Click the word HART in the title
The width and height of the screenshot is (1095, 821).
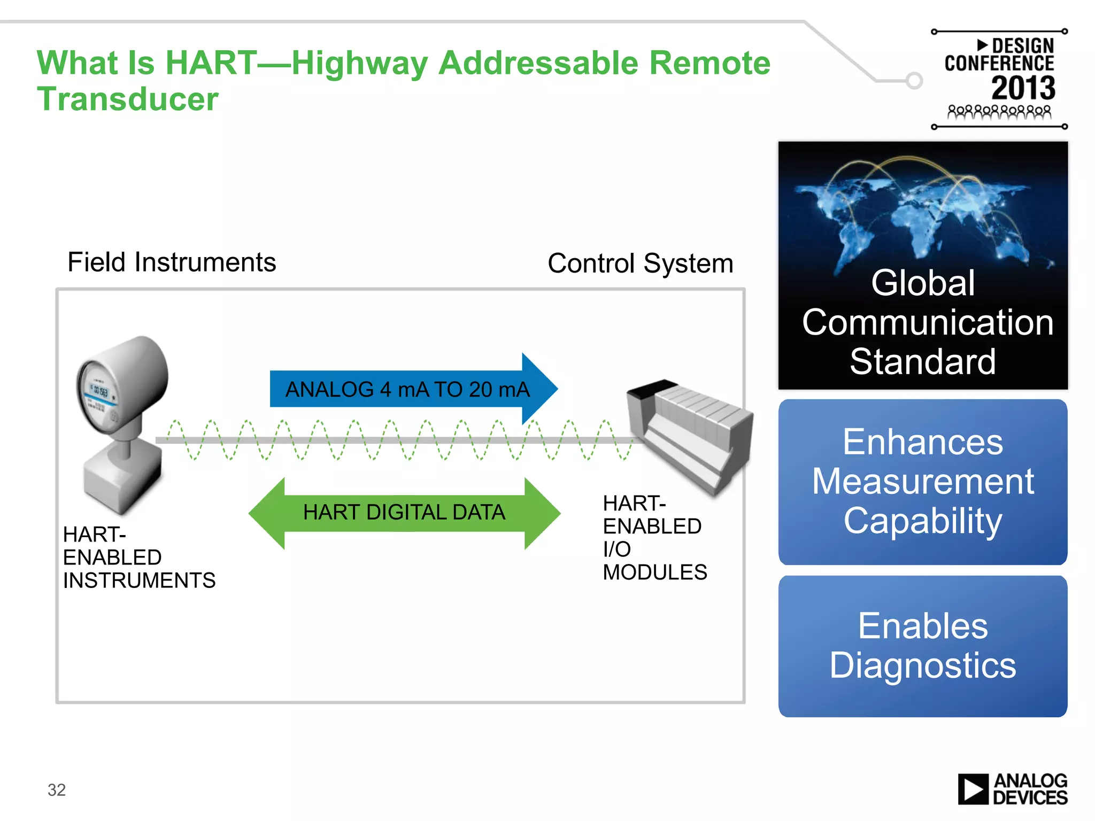point(211,63)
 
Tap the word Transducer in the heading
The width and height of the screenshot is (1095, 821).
point(127,99)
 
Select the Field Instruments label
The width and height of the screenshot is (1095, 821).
point(172,262)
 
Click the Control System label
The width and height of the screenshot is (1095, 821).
point(640,264)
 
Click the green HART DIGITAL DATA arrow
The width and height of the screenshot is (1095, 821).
point(404,513)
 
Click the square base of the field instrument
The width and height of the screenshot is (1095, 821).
point(123,478)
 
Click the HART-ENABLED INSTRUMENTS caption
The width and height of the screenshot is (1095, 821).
point(138,557)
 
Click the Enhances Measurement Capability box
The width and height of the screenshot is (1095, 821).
point(922,482)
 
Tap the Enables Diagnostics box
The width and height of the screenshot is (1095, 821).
point(922,646)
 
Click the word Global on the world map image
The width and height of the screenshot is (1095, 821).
point(922,283)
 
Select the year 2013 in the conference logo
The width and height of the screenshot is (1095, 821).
point(1023,88)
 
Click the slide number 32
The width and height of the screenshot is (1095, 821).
point(57,789)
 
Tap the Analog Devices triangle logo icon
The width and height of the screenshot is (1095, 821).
point(973,789)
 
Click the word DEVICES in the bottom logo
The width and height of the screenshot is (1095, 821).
point(1030,798)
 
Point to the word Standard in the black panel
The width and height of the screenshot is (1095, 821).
point(922,362)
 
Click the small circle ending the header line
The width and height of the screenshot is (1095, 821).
point(914,81)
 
